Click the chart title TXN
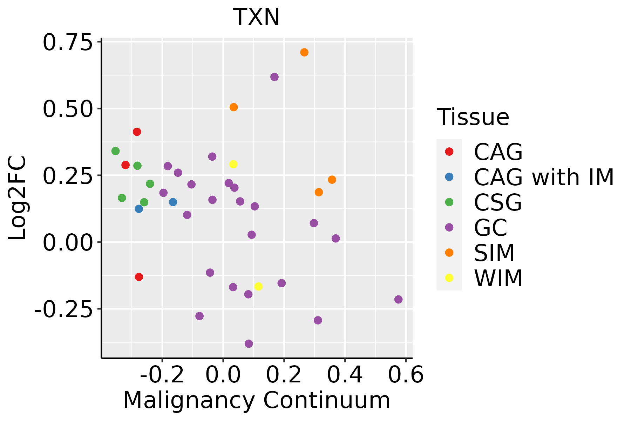tap(256, 17)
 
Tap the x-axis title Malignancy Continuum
tap(256, 400)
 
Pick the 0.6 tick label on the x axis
tap(406, 375)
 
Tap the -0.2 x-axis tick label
tap(162, 375)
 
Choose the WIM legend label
tap(498, 278)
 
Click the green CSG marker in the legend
tap(449, 202)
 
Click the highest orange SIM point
tap(304, 52)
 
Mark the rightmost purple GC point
tap(398, 300)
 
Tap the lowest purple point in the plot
tap(249, 344)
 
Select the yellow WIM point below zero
tap(258, 287)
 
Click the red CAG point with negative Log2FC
tap(139, 277)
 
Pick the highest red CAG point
tap(137, 132)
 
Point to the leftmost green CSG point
tap(116, 151)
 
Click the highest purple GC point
tap(274, 77)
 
